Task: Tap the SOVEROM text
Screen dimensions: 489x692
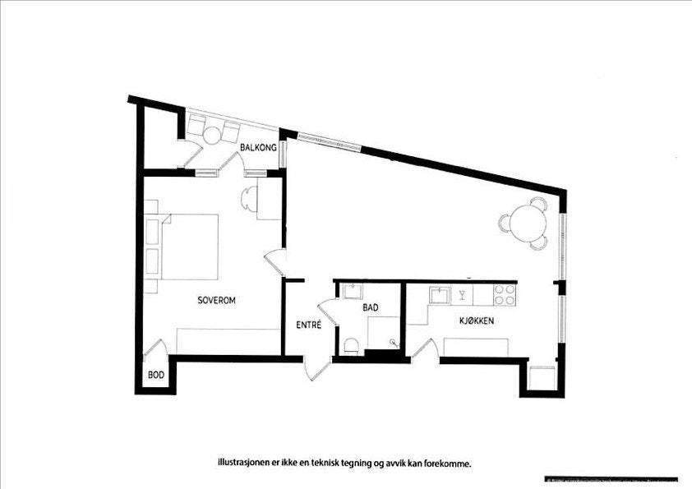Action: point(217,301)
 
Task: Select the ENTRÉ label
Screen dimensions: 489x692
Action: point(308,325)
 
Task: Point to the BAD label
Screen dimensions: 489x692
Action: point(370,307)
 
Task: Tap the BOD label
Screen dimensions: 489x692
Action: point(155,376)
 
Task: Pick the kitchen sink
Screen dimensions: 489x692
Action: point(439,293)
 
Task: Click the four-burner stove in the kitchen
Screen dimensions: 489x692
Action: point(505,293)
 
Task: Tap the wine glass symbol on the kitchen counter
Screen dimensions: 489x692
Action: point(463,293)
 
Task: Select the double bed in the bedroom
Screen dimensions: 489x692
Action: point(189,247)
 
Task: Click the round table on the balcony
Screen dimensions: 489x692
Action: point(213,134)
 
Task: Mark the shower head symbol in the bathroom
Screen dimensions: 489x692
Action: point(399,339)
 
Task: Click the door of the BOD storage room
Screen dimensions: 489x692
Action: point(156,351)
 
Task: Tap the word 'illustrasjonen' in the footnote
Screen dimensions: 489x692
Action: point(244,463)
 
